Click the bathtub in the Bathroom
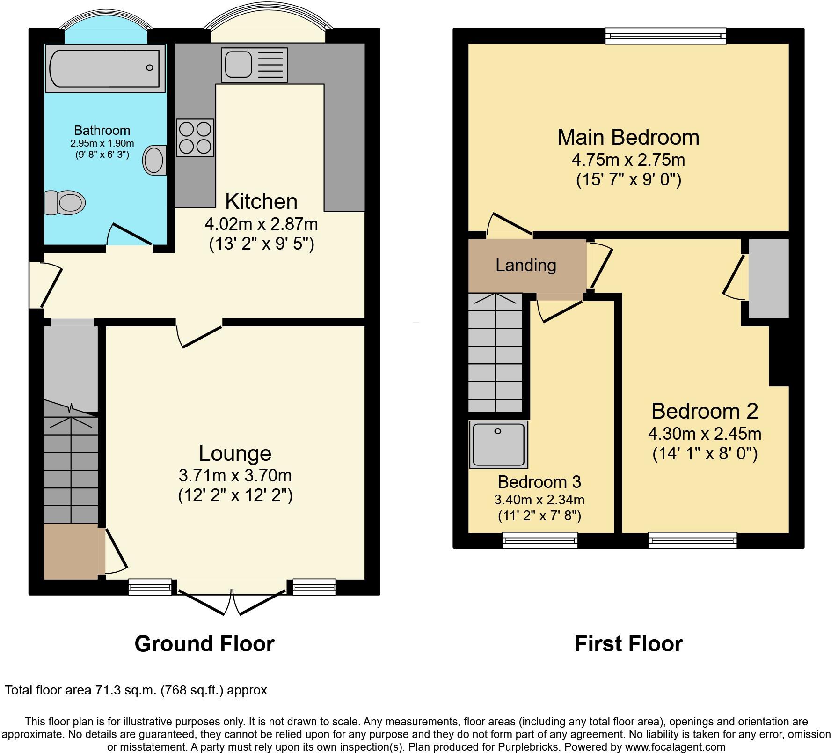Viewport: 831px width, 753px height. (x=105, y=68)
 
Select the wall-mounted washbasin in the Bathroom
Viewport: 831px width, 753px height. (x=155, y=160)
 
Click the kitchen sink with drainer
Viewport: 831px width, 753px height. (x=254, y=65)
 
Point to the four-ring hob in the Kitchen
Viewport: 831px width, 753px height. (x=195, y=137)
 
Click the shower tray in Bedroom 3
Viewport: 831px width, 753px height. (x=498, y=444)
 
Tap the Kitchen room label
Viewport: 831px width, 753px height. (x=261, y=201)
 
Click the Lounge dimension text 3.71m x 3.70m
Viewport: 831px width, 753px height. (x=235, y=475)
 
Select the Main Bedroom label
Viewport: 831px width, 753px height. (x=628, y=137)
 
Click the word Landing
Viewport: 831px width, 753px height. (x=526, y=266)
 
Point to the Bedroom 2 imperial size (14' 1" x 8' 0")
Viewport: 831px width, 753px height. (x=705, y=454)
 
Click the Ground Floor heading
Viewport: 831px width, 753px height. (x=204, y=644)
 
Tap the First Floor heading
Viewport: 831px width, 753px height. (x=628, y=644)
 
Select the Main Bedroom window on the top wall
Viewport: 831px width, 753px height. (x=665, y=36)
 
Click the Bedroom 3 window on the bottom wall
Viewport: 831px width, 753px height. (x=540, y=540)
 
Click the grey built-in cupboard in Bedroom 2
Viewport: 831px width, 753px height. (x=768, y=279)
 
